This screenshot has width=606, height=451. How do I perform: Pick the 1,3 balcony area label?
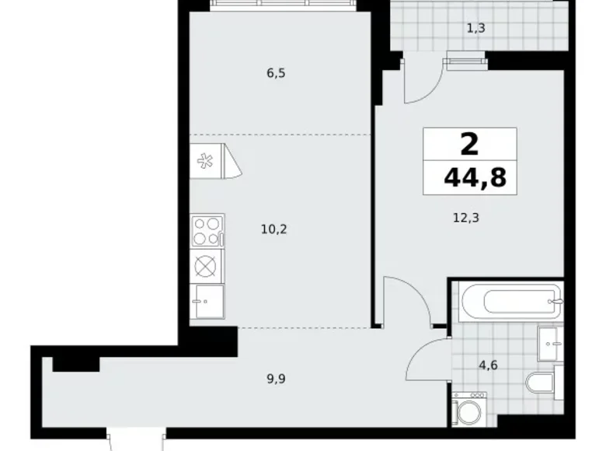(477, 29)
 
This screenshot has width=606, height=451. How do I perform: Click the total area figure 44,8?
(475, 178)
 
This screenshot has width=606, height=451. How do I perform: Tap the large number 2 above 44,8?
(469, 144)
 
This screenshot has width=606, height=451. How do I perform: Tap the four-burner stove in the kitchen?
(207, 230)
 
